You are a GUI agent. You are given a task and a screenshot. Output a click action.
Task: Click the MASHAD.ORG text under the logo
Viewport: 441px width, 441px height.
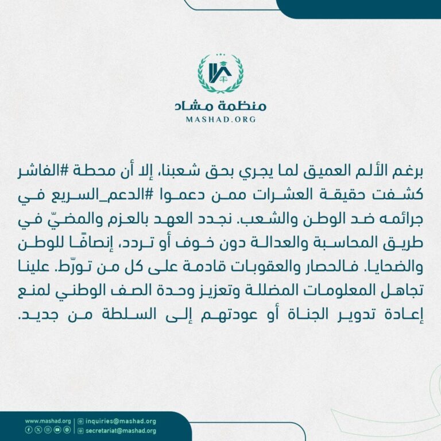[x=220, y=119]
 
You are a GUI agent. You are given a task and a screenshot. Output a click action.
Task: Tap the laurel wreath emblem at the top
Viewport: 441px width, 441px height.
[x=220, y=74]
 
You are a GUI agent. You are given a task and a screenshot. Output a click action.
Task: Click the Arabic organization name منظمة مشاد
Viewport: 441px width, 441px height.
[x=220, y=106]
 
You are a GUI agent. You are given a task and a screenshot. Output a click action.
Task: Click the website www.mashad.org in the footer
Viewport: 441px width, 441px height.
[x=48, y=421]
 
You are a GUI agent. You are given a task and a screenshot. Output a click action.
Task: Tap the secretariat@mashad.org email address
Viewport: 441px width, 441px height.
[x=123, y=430]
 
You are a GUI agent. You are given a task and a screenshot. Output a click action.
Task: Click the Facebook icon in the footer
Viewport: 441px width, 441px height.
[x=29, y=430]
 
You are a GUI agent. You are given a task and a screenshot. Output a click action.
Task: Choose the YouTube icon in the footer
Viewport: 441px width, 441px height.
[x=57, y=430]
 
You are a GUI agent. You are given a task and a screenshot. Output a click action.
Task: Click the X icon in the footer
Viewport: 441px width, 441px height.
[x=38, y=430]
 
